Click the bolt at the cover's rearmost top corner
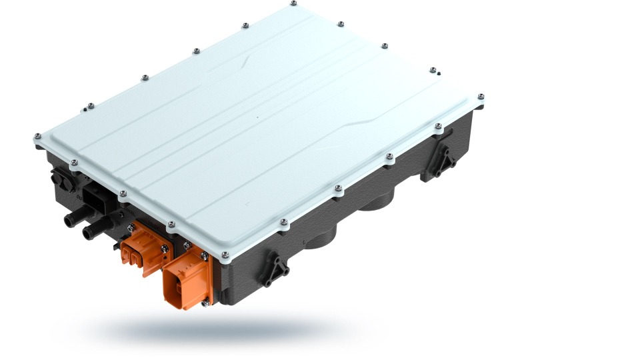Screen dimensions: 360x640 pyautogui.click(x=294, y=4)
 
